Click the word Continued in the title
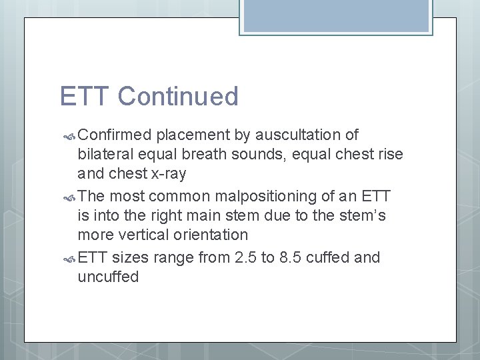[x=178, y=97]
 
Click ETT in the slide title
[x=85, y=97]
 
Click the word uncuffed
[x=108, y=277]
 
